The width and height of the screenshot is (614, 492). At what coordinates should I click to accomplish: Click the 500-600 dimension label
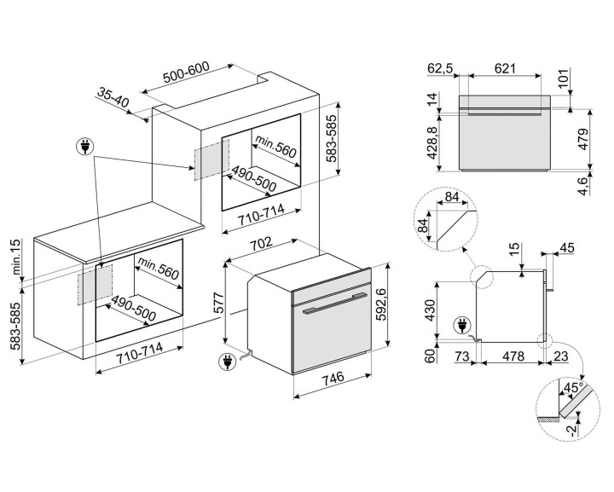point(186,74)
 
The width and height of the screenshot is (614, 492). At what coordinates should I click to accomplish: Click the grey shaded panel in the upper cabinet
point(211,159)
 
